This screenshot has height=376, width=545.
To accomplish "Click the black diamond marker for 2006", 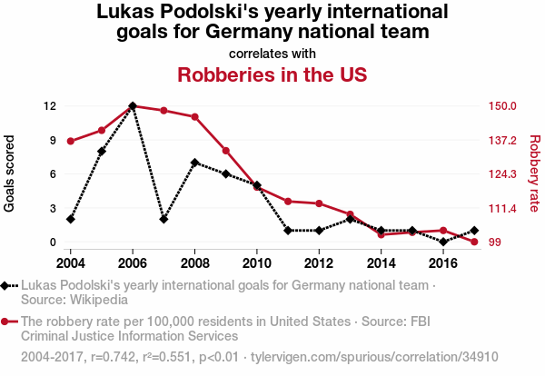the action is pos(133,106).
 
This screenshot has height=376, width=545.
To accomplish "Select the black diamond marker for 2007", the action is pos(163,219).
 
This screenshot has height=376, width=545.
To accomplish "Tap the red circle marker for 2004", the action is pos(71,141).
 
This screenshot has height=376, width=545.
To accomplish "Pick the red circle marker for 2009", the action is pos(226,151).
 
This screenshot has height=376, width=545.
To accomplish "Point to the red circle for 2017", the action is pos(474,242).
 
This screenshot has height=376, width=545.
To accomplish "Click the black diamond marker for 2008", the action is pos(194,163).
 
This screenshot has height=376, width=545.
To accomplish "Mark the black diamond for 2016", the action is pos(443,242).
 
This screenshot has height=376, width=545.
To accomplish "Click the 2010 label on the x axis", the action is pos(256,263).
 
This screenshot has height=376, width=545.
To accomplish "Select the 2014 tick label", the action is pos(381,263).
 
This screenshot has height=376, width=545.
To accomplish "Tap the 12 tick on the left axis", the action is pos(50,106).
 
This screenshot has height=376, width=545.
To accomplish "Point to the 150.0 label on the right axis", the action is pos(502,106).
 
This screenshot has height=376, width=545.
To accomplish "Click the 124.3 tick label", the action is pos(502,173).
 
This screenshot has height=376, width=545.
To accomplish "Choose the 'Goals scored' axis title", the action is pos(9,173).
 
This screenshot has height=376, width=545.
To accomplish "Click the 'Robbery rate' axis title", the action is pos(535,173).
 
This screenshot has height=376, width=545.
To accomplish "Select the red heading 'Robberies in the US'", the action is pos(272,74).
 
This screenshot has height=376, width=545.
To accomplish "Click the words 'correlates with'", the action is pos(272,54).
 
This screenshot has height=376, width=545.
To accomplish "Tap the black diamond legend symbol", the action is pos(5,286).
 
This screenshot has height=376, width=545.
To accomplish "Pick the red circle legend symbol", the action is pos(5,322).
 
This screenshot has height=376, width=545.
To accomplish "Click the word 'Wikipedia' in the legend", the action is pos(99,300).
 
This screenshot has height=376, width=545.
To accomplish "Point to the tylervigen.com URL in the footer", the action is pos(374,357).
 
